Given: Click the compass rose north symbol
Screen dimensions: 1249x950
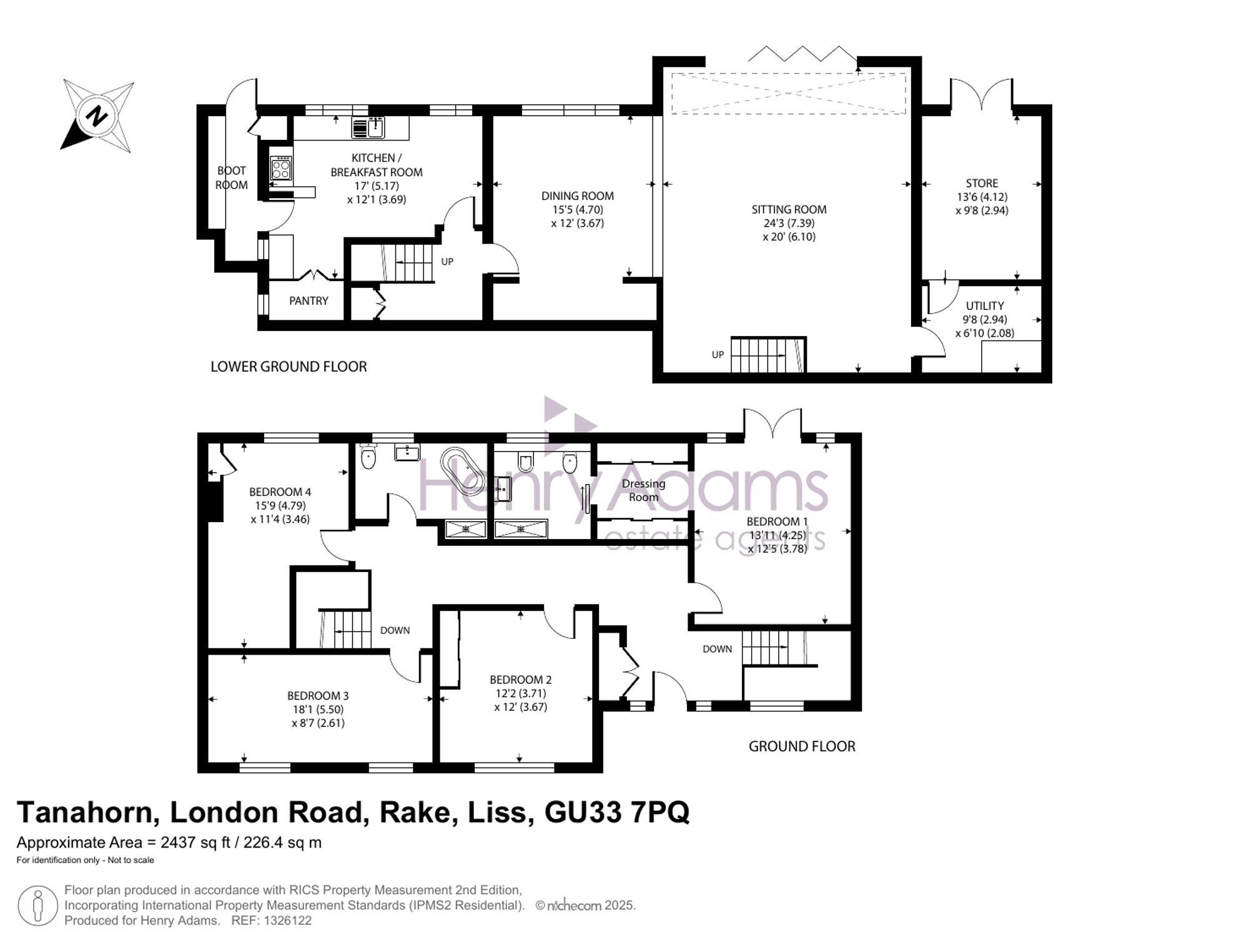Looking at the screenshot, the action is (97, 116).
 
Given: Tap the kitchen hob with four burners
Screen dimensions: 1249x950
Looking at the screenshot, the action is (281, 168).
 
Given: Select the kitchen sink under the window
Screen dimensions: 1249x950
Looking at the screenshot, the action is (368, 127).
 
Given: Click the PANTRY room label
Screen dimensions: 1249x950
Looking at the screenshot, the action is (309, 301).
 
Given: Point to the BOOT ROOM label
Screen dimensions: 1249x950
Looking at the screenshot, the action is (232, 178).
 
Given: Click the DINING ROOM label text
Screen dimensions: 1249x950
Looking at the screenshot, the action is (578, 195).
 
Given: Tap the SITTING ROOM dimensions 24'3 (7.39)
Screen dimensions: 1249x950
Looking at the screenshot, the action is (789, 223).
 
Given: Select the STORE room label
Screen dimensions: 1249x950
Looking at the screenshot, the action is (982, 183).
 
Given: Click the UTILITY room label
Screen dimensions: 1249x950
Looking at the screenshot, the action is (985, 305).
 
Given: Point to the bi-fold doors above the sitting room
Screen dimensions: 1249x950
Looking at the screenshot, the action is (802, 54).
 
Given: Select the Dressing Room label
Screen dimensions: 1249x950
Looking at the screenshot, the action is (643, 490).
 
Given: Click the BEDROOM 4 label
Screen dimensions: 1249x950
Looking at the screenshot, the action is (280, 492).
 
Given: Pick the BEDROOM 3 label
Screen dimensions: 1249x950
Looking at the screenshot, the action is (318, 696).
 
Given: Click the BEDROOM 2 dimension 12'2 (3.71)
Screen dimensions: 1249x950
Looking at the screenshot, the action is (520, 693).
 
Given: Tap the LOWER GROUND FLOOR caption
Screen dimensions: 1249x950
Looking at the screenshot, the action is (289, 367).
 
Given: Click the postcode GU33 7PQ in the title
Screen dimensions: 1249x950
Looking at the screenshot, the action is (617, 813).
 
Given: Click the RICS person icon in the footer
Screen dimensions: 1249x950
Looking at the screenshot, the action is (37, 906).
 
